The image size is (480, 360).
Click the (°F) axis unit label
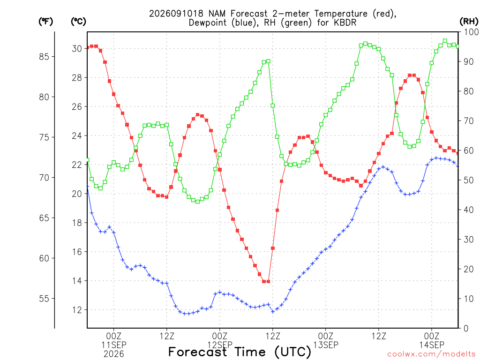pyautogui.click(x=45, y=22)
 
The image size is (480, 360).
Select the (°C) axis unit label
pyautogui.click(x=78, y=22)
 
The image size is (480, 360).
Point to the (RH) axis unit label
pyautogui.click(x=469, y=22)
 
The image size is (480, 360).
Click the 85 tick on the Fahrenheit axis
pyautogui.click(x=44, y=57)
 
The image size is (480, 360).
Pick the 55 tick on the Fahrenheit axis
pyautogui.click(x=44, y=299)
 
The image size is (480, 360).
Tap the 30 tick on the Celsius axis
pyautogui.click(x=77, y=49)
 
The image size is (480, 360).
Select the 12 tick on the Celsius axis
pyautogui.click(x=77, y=310)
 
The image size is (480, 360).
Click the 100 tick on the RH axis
pyautogui.click(x=471, y=32)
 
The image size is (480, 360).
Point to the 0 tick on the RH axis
pyautogui.click(x=466, y=328)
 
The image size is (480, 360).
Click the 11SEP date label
pyautogui.click(x=114, y=345)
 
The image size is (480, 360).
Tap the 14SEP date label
pyautogui.click(x=432, y=345)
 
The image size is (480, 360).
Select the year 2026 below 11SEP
pyautogui.click(x=114, y=354)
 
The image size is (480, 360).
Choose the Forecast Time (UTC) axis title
pyautogui.click(x=240, y=352)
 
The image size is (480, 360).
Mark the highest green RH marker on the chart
pyautogui.click(x=445, y=41)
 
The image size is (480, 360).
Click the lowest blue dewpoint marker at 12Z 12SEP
pyautogui.click(x=273, y=312)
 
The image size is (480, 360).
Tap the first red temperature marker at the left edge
pyautogui.click(x=88, y=47)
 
